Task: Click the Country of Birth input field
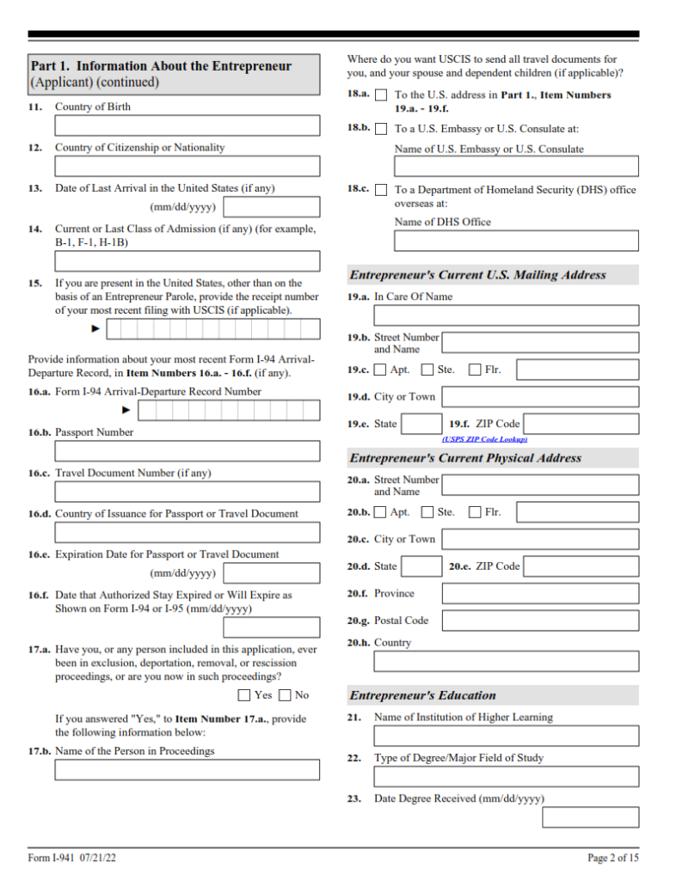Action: [x=187, y=125]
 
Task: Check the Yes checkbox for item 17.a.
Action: [x=244, y=695]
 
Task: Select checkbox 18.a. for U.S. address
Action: [x=381, y=95]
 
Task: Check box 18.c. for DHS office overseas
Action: [x=381, y=190]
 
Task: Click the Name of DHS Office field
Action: [x=516, y=241]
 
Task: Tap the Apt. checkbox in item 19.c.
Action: [x=381, y=370]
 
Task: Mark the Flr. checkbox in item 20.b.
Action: [x=475, y=512]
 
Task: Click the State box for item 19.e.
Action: [x=422, y=424]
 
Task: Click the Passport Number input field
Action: [x=187, y=451]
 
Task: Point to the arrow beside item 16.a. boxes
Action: [x=126, y=411]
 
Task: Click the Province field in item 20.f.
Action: [x=540, y=594]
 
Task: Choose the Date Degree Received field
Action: [x=590, y=817]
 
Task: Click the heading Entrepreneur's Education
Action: [x=422, y=695]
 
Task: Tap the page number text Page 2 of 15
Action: [x=613, y=858]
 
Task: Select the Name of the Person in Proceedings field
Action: [x=187, y=770]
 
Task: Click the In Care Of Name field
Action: [x=506, y=315]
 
